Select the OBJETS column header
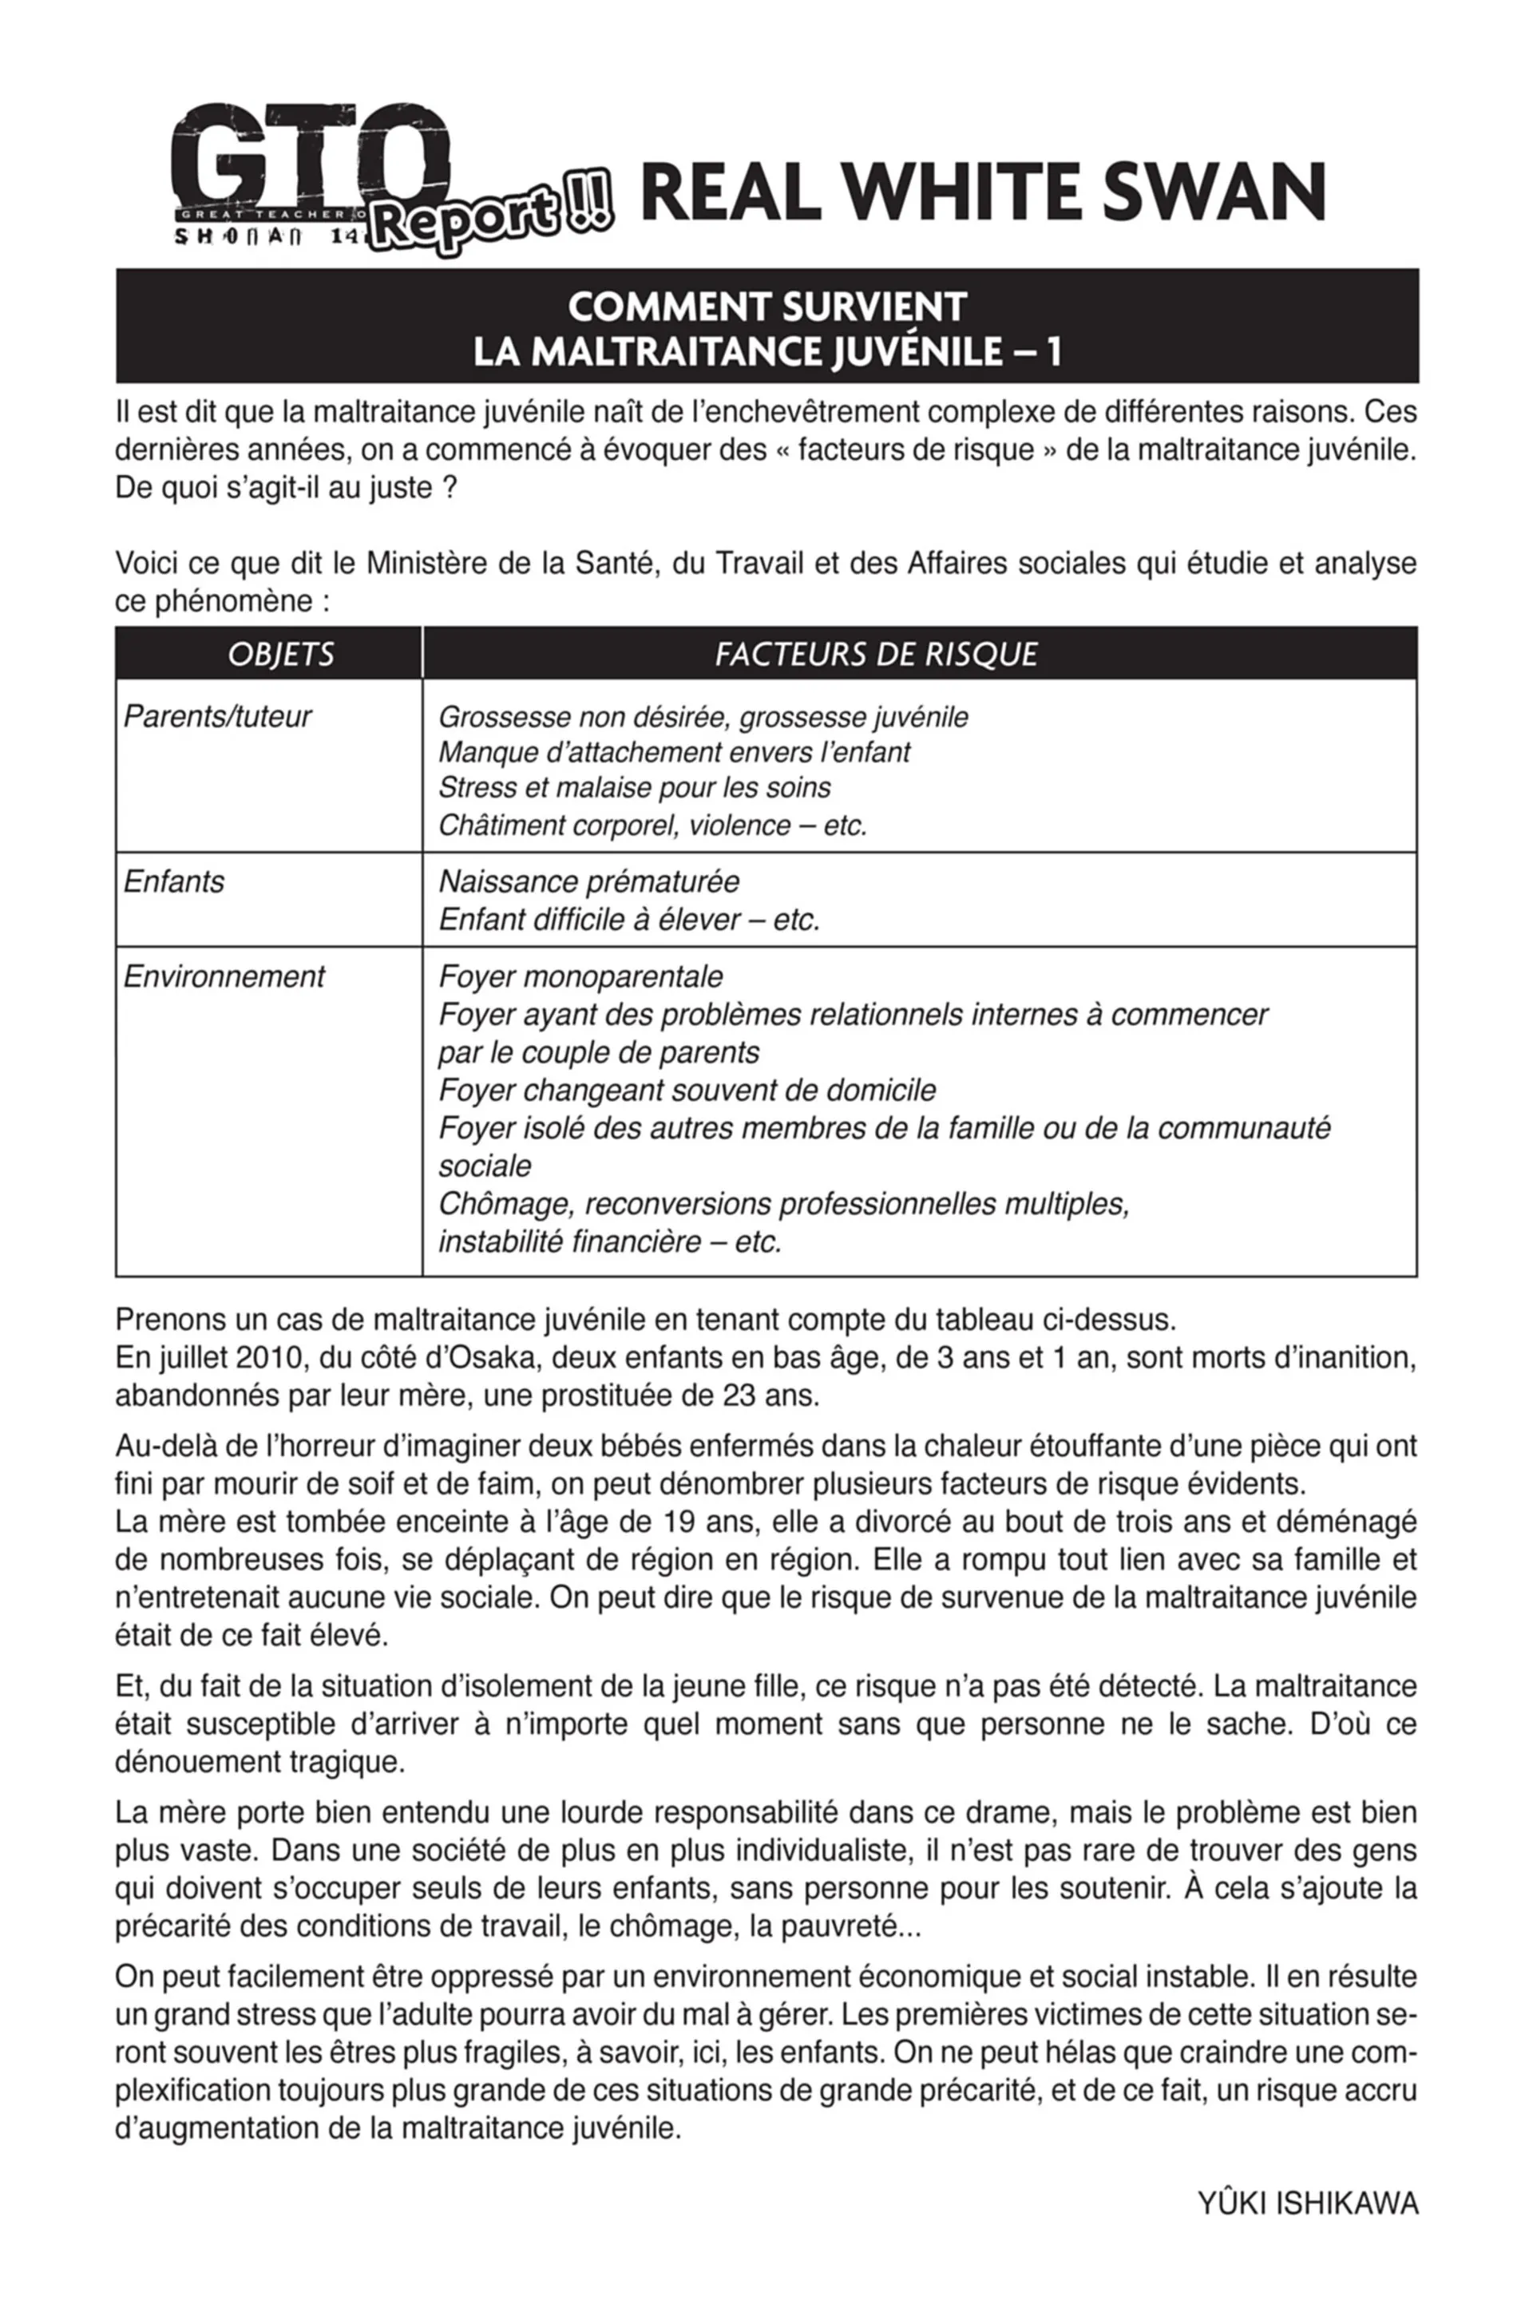(x=280, y=654)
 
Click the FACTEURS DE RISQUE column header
(x=876, y=654)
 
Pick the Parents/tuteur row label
(x=217, y=716)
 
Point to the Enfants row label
(x=174, y=881)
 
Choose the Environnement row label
(x=224, y=976)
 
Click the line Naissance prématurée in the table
(x=588, y=881)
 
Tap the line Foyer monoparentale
(x=580, y=976)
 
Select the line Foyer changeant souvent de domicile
(x=687, y=1090)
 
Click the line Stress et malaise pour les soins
(x=635, y=788)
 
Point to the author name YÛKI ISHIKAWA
(x=1307, y=2204)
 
